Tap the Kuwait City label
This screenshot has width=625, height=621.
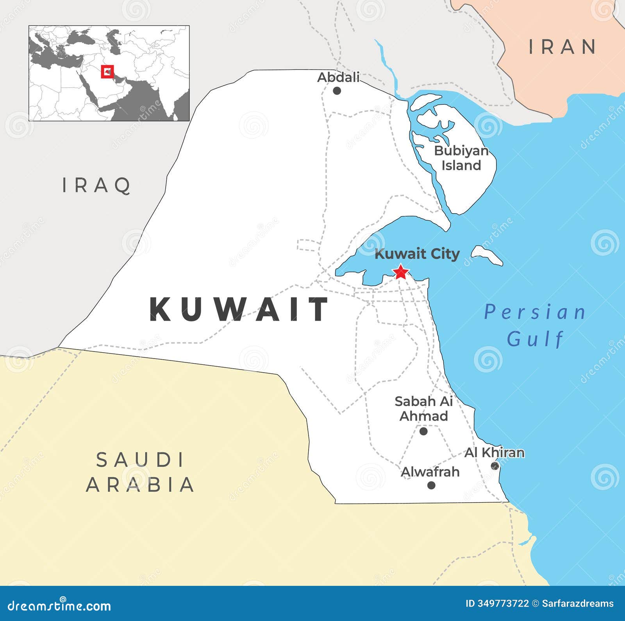[x=417, y=254]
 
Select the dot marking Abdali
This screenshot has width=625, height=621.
[x=337, y=91]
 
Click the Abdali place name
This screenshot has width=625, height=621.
[x=338, y=77]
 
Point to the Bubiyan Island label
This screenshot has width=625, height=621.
[x=461, y=158]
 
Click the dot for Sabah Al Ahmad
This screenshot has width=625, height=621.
[x=423, y=432]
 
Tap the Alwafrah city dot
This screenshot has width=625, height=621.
[x=431, y=485]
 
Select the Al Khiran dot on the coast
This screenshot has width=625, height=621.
[x=495, y=466]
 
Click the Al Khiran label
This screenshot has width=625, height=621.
[x=494, y=453]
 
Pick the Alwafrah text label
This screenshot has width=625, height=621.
[x=430, y=472]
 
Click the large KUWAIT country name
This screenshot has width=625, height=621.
[x=239, y=309]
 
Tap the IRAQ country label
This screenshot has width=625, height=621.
[x=96, y=185]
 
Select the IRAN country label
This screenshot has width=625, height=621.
[x=562, y=47]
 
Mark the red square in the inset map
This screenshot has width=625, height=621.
[x=107, y=72]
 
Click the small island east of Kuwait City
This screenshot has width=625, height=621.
[x=487, y=256]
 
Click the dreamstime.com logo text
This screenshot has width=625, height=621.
[x=59, y=606]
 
